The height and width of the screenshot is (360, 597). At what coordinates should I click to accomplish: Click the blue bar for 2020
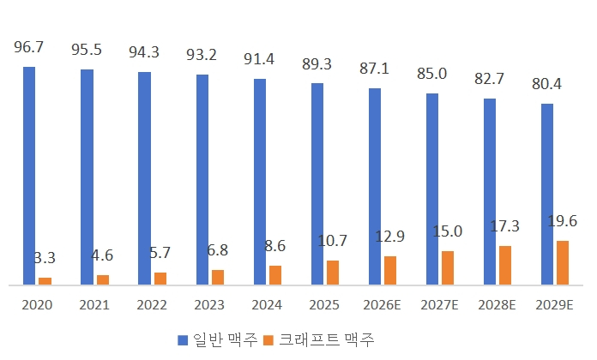(x=29, y=176)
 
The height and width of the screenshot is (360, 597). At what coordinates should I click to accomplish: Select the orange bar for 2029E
(x=563, y=262)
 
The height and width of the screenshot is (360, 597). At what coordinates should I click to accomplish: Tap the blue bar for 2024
(x=260, y=182)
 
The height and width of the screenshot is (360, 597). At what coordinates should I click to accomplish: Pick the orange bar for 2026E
(x=390, y=271)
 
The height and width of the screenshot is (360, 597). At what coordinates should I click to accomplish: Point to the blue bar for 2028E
(x=490, y=192)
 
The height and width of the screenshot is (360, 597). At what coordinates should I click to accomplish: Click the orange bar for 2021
(x=103, y=279)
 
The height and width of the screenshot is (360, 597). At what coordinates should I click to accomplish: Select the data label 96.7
(x=29, y=47)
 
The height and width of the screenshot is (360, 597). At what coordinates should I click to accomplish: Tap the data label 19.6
(x=563, y=221)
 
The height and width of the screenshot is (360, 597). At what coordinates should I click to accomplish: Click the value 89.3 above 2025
(x=317, y=64)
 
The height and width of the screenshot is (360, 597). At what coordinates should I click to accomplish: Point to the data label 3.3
(x=45, y=258)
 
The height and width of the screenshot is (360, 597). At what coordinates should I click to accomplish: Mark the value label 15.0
(x=448, y=231)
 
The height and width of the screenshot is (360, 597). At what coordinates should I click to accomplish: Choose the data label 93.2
(x=202, y=55)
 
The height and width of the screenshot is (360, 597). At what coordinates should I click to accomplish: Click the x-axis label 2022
(x=152, y=305)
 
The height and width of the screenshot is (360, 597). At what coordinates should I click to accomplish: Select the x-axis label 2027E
(x=440, y=305)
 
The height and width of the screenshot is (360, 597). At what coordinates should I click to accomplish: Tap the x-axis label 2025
(x=324, y=305)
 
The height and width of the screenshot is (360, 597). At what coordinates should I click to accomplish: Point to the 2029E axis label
(x=554, y=305)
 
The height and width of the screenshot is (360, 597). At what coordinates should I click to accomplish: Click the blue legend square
(x=183, y=339)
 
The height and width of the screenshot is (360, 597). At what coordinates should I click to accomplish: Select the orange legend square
(x=268, y=339)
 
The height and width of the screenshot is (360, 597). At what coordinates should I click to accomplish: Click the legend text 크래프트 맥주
(x=327, y=339)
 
